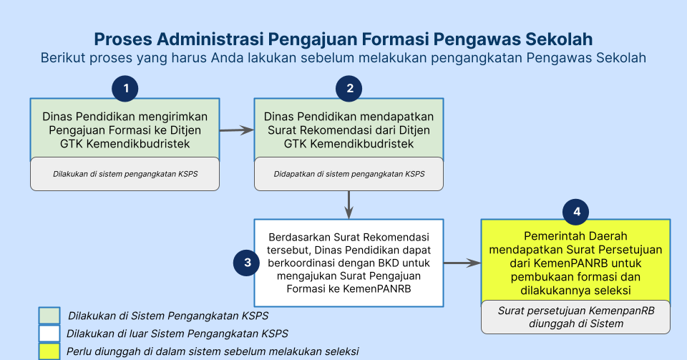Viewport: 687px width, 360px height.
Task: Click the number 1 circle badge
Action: (125, 89)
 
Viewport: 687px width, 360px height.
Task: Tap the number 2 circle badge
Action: (349, 89)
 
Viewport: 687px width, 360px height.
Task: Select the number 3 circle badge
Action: (247, 263)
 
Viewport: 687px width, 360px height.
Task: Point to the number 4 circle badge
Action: (575, 212)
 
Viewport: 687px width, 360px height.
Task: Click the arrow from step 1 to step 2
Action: (237, 130)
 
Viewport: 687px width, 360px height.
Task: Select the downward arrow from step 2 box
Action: (349, 205)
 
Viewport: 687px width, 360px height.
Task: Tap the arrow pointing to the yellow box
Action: (462, 263)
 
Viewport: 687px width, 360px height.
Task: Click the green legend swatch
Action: (49, 316)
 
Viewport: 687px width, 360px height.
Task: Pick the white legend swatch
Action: (49, 334)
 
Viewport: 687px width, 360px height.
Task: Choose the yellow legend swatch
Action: (49, 351)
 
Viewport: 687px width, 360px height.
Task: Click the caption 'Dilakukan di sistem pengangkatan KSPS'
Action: (125, 174)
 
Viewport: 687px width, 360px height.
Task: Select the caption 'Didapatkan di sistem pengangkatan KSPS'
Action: (349, 174)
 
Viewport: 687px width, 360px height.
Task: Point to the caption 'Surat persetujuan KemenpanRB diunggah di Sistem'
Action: (575, 317)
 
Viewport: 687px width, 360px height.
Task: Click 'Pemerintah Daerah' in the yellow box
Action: (575, 236)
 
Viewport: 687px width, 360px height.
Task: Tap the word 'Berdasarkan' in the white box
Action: (300, 238)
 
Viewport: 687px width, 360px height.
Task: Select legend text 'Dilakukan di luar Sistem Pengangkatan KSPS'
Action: (177, 334)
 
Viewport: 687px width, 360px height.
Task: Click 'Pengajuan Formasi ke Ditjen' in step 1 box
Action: (125, 130)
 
